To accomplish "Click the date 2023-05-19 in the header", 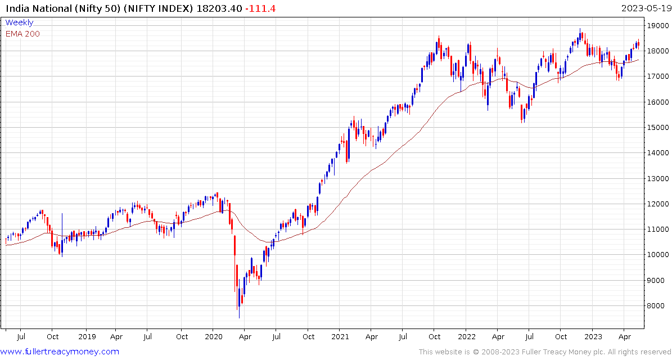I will coord(646,8).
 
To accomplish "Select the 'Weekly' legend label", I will coord(19,22).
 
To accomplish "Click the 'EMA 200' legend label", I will coord(22,34).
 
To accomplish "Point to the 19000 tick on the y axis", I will coord(657,26).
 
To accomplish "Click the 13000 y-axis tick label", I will coord(657,179).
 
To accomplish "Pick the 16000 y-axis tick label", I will coord(657,102).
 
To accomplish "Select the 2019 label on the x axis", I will coord(86,336).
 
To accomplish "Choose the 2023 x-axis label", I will coord(593,336).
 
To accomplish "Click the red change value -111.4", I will coord(260,8).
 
